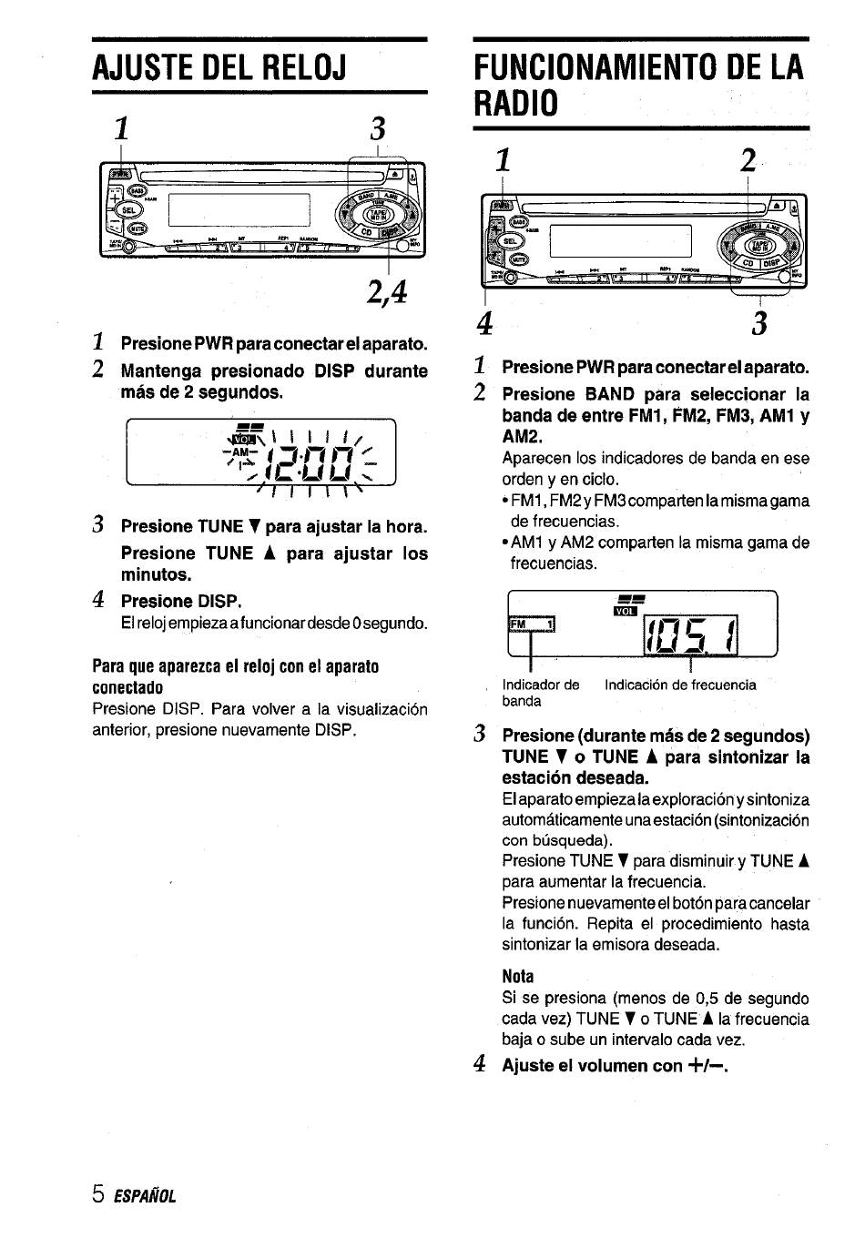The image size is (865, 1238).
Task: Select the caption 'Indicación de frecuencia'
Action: pyautogui.click(x=680, y=685)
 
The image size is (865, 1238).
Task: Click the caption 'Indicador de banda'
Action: pyautogui.click(x=541, y=693)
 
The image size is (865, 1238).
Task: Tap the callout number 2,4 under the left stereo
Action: pyautogui.click(x=386, y=293)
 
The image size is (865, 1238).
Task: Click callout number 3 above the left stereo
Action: pyautogui.click(x=378, y=128)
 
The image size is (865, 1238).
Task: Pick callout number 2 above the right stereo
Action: pyautogui.click(x=748, y=162)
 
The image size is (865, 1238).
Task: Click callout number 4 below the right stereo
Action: pyautogui.click(x=485, y=323)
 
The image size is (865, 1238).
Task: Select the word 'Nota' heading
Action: pyautogui.click(x=518, y=977)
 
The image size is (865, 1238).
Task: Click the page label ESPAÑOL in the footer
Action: pyautogui.click(x=145, y=1196)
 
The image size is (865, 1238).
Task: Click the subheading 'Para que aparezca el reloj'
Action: pyautogui.click(x=235, y=676)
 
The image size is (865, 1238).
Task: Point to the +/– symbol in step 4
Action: pyautogui.click(x=708, y=1065)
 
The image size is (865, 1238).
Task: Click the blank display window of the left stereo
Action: pyautogui.click(x=239, y=211)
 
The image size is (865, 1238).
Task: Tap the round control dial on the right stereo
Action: pyautogui.click(x=761, y=243)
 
